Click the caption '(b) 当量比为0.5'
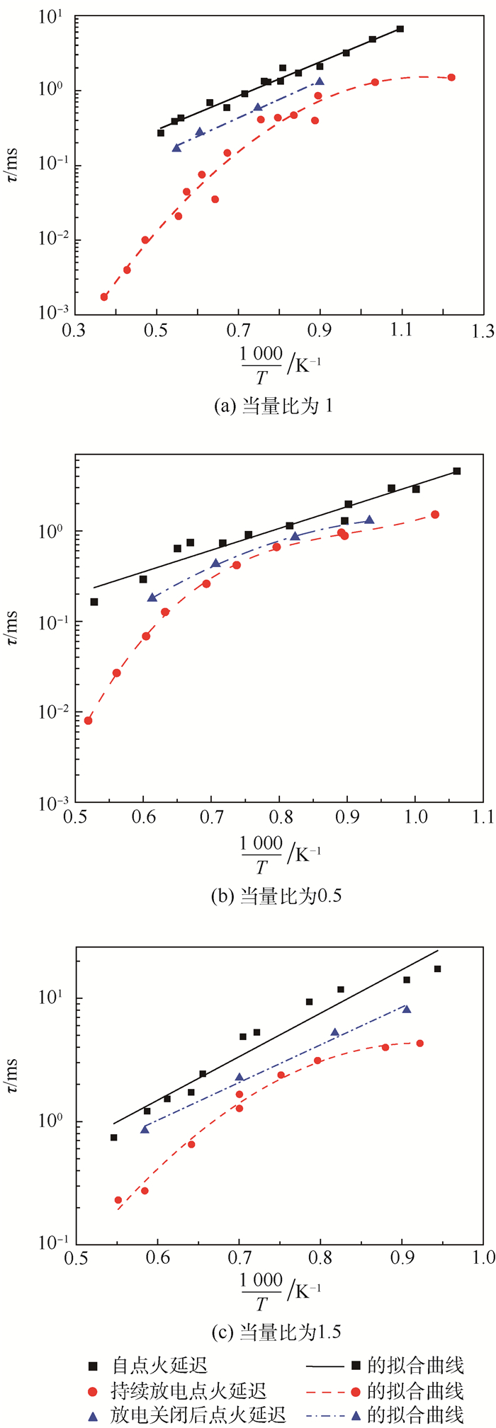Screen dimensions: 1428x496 tap(277, 896)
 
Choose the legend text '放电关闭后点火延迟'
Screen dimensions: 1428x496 tap(198, 1415)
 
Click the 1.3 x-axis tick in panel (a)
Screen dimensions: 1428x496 tap(485, 329)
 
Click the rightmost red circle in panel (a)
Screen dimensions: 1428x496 tap(451, 77)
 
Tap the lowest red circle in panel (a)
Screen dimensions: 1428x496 tap(104, 297)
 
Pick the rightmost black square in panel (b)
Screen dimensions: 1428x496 tap(456, 471)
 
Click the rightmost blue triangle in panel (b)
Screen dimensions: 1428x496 tap(369, 520)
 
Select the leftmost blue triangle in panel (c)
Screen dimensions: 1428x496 tap(145, 1129)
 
